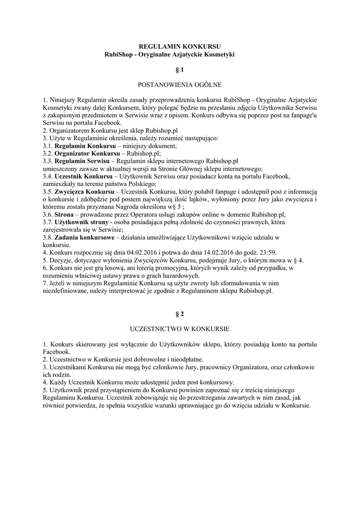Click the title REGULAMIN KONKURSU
pos(180,46)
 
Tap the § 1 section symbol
pos(180,70)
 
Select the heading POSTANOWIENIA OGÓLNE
pos(180,85)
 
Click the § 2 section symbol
pos(180,314)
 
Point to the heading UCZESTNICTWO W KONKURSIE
pos(180,329)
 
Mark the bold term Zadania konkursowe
pos(83,237)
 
